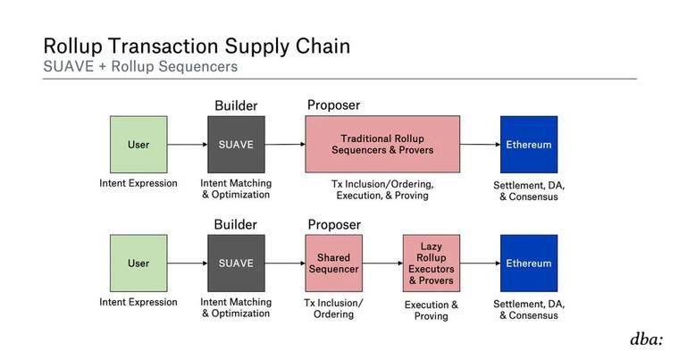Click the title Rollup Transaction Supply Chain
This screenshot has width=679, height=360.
click(x=197, y=46)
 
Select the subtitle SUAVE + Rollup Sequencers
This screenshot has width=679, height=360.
click(x=140, y=66)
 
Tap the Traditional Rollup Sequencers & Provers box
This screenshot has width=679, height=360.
click(x=382, y=144)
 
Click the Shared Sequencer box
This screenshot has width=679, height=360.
click(x=334, y=263)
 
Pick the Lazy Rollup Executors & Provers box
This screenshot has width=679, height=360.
click(x=432, y=263)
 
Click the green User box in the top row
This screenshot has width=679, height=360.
click(x=138, y=144)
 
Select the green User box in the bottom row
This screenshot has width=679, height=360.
click(x=138, y=263)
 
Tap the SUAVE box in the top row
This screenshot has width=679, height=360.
click(x=236, y=144)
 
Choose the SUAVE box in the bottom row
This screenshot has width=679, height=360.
click(x=236, y=263)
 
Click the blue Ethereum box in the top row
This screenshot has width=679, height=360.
click(x=529, y=144)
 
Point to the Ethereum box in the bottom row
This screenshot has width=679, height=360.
click(x=529, y=263)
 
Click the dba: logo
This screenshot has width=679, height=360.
click(x=647, y=339)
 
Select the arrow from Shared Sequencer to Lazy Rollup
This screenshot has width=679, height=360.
click(x=382, y=263)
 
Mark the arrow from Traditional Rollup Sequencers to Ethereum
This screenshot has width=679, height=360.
click(x=481, y=144)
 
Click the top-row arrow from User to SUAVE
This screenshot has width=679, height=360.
click(x=188, y=144)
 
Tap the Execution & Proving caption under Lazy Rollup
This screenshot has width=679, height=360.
click(x=432, y=310)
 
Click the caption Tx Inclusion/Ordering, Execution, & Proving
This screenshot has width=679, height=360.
click(x=382, y=189)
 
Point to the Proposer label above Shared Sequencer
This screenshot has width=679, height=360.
click(x=334, y=225)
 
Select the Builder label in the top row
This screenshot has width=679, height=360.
click(x=236, y=105)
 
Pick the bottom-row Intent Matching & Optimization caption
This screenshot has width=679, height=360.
click(x=236, y=307)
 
